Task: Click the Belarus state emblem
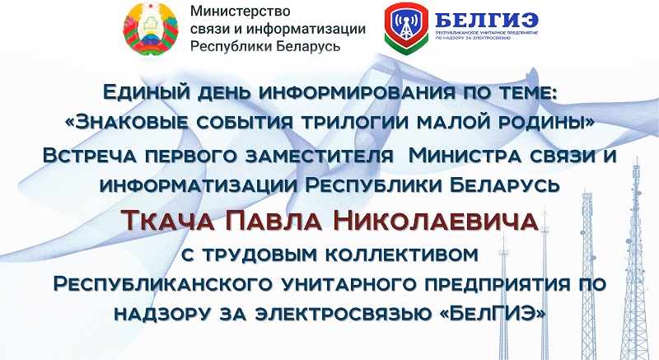click(151, 29)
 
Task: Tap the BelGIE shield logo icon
click(406, 29)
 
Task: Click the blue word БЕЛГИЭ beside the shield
click(487, 20)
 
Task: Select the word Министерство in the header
click(240, 11)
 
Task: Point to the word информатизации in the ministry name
click(306, 29)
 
